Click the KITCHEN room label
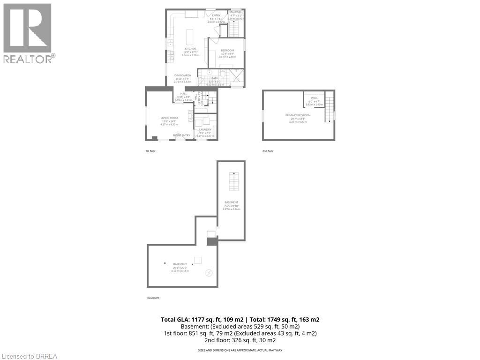coord(190,49)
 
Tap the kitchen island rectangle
coord(190,37)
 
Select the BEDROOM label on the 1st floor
coord(227,51)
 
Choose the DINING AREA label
coord(182,75)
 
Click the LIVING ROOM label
coord(169,118)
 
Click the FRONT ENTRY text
coord(181,135)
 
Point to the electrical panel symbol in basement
coord(209,273)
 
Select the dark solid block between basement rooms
coord(212,241)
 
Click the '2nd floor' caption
coord(268,151)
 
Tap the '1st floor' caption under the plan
coord(151,151)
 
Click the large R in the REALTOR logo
coord(27,28)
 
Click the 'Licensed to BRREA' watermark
coord(29,356)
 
